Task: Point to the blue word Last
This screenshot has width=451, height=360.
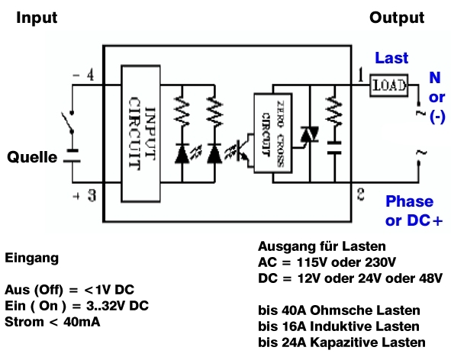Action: [x=391, y=59]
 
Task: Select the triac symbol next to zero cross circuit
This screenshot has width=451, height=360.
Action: [x=308, y=135]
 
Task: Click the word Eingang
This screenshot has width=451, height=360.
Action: [x=31, y=259]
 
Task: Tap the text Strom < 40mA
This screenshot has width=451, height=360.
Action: [x=53, y=322]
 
